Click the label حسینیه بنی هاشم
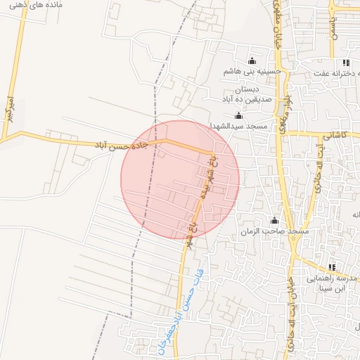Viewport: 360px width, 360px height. coord(252,71)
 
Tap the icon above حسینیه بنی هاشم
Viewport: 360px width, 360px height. coord(252,60)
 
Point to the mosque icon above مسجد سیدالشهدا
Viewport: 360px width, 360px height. coord(238,115)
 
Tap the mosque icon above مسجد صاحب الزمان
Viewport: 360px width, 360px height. coord(275,221)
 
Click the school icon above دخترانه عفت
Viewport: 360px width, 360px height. coord(346,63)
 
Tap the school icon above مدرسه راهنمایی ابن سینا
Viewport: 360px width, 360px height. coord(331,267)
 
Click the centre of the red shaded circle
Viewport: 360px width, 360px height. coord(180,179)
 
